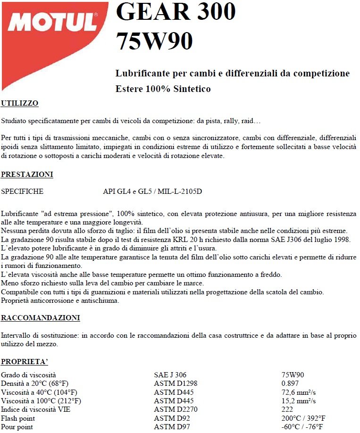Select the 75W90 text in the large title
pos(154,41)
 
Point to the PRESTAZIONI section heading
pos(27,175)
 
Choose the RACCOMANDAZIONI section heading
pos(40,317)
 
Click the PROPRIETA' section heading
pos(25,362)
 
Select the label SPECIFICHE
pos(22,192)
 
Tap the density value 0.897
pos(290,383)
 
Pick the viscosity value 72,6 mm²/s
pos(298,392)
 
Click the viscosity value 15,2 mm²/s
pos(298,401)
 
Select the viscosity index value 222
pos(287,409)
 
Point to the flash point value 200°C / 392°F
pos(303,418)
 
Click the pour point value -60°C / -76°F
pos(302,427)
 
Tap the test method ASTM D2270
pos(176,409)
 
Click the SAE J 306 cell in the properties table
pos(170,375)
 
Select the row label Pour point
pos(17,427)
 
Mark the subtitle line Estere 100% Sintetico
pos(163,89)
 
